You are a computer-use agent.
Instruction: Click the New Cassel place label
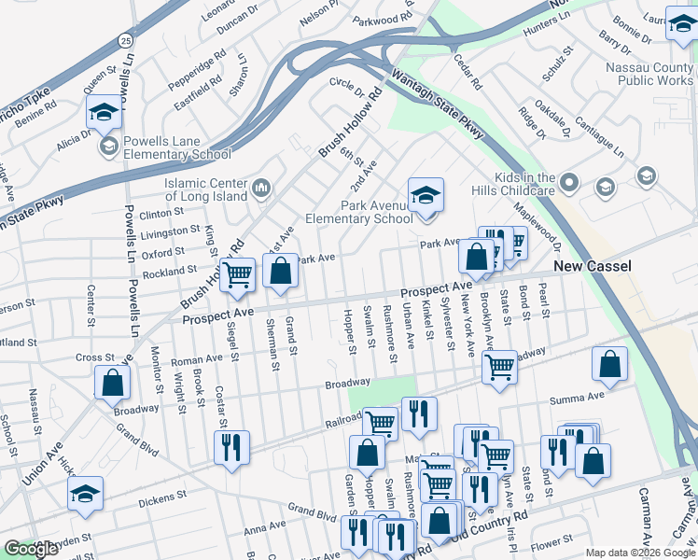point(593,267)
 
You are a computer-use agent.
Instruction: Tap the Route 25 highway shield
point(125,40)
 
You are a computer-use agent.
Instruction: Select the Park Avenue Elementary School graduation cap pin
point(426,195)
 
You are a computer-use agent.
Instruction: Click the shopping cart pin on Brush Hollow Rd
point(238,273)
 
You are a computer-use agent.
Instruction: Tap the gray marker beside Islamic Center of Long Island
point(260,189)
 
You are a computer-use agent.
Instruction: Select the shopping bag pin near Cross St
point(112,382)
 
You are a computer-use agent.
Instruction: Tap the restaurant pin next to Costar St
point(231,446)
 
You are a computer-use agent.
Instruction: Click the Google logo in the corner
point(31,549)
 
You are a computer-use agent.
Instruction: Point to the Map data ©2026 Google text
point(641,553)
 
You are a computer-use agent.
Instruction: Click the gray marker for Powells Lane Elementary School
point(109,146)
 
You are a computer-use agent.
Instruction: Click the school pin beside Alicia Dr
point(104,113)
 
